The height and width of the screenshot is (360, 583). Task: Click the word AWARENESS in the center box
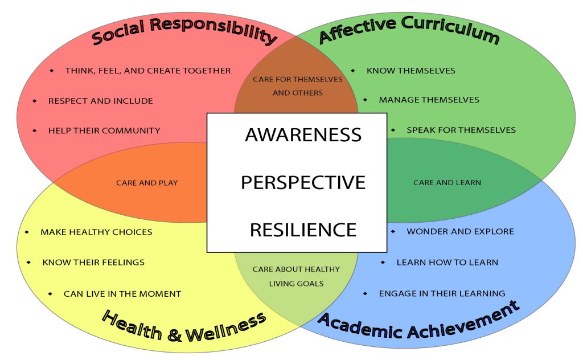click(303, 135)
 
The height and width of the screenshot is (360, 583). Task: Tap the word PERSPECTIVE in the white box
click(303, 183)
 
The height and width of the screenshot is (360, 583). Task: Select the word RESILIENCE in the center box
click(303, 230)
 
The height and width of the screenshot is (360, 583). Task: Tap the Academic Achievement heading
click(418, 321)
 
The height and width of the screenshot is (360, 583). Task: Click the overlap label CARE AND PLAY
click(147, 183)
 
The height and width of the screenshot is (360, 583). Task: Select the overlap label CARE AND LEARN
click(447, 183)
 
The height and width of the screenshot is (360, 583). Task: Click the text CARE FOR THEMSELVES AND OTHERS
click(298, 85)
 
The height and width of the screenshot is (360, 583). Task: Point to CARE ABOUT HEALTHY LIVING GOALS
click(296, 276)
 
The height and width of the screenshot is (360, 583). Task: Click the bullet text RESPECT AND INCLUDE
click(100, 101)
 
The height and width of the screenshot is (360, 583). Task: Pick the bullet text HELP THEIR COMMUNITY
click(104, 130)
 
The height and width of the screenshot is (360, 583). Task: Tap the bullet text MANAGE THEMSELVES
click(429, 100)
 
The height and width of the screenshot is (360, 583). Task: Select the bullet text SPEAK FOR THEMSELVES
click(461, 130)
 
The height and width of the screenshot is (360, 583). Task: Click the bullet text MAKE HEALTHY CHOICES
click(96, 232)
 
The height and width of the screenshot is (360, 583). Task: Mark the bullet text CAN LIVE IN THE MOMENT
click(122, 294)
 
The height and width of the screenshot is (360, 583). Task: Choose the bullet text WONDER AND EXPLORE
click(460, 232)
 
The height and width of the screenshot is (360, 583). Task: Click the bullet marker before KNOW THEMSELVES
click(353, 71)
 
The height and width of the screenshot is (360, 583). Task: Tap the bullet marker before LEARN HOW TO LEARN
click(383, 263)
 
